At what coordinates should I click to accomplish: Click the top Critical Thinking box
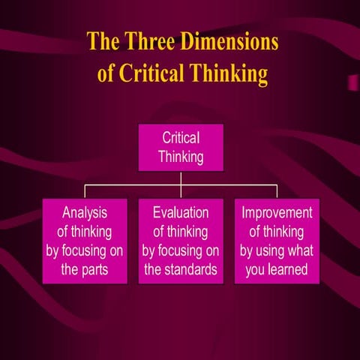coord(181,148)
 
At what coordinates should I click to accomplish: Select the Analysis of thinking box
coord(84,241)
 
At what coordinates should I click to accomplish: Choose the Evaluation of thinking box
coord(181,241)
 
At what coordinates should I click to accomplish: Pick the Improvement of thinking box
coord(277,241)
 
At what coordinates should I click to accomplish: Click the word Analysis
coord(85,213)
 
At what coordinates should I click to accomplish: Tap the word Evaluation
coord(181,213)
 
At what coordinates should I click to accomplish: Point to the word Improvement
coord(277,213)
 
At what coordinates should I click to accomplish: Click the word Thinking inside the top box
coord(181,157)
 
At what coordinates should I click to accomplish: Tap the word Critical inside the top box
coord(181,138)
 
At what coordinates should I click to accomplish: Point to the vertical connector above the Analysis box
coord(84,191)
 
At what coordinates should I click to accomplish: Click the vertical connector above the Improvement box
coord(277,191)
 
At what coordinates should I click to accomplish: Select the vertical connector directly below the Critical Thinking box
coord(181,177)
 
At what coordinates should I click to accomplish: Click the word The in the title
coord(102,40)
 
